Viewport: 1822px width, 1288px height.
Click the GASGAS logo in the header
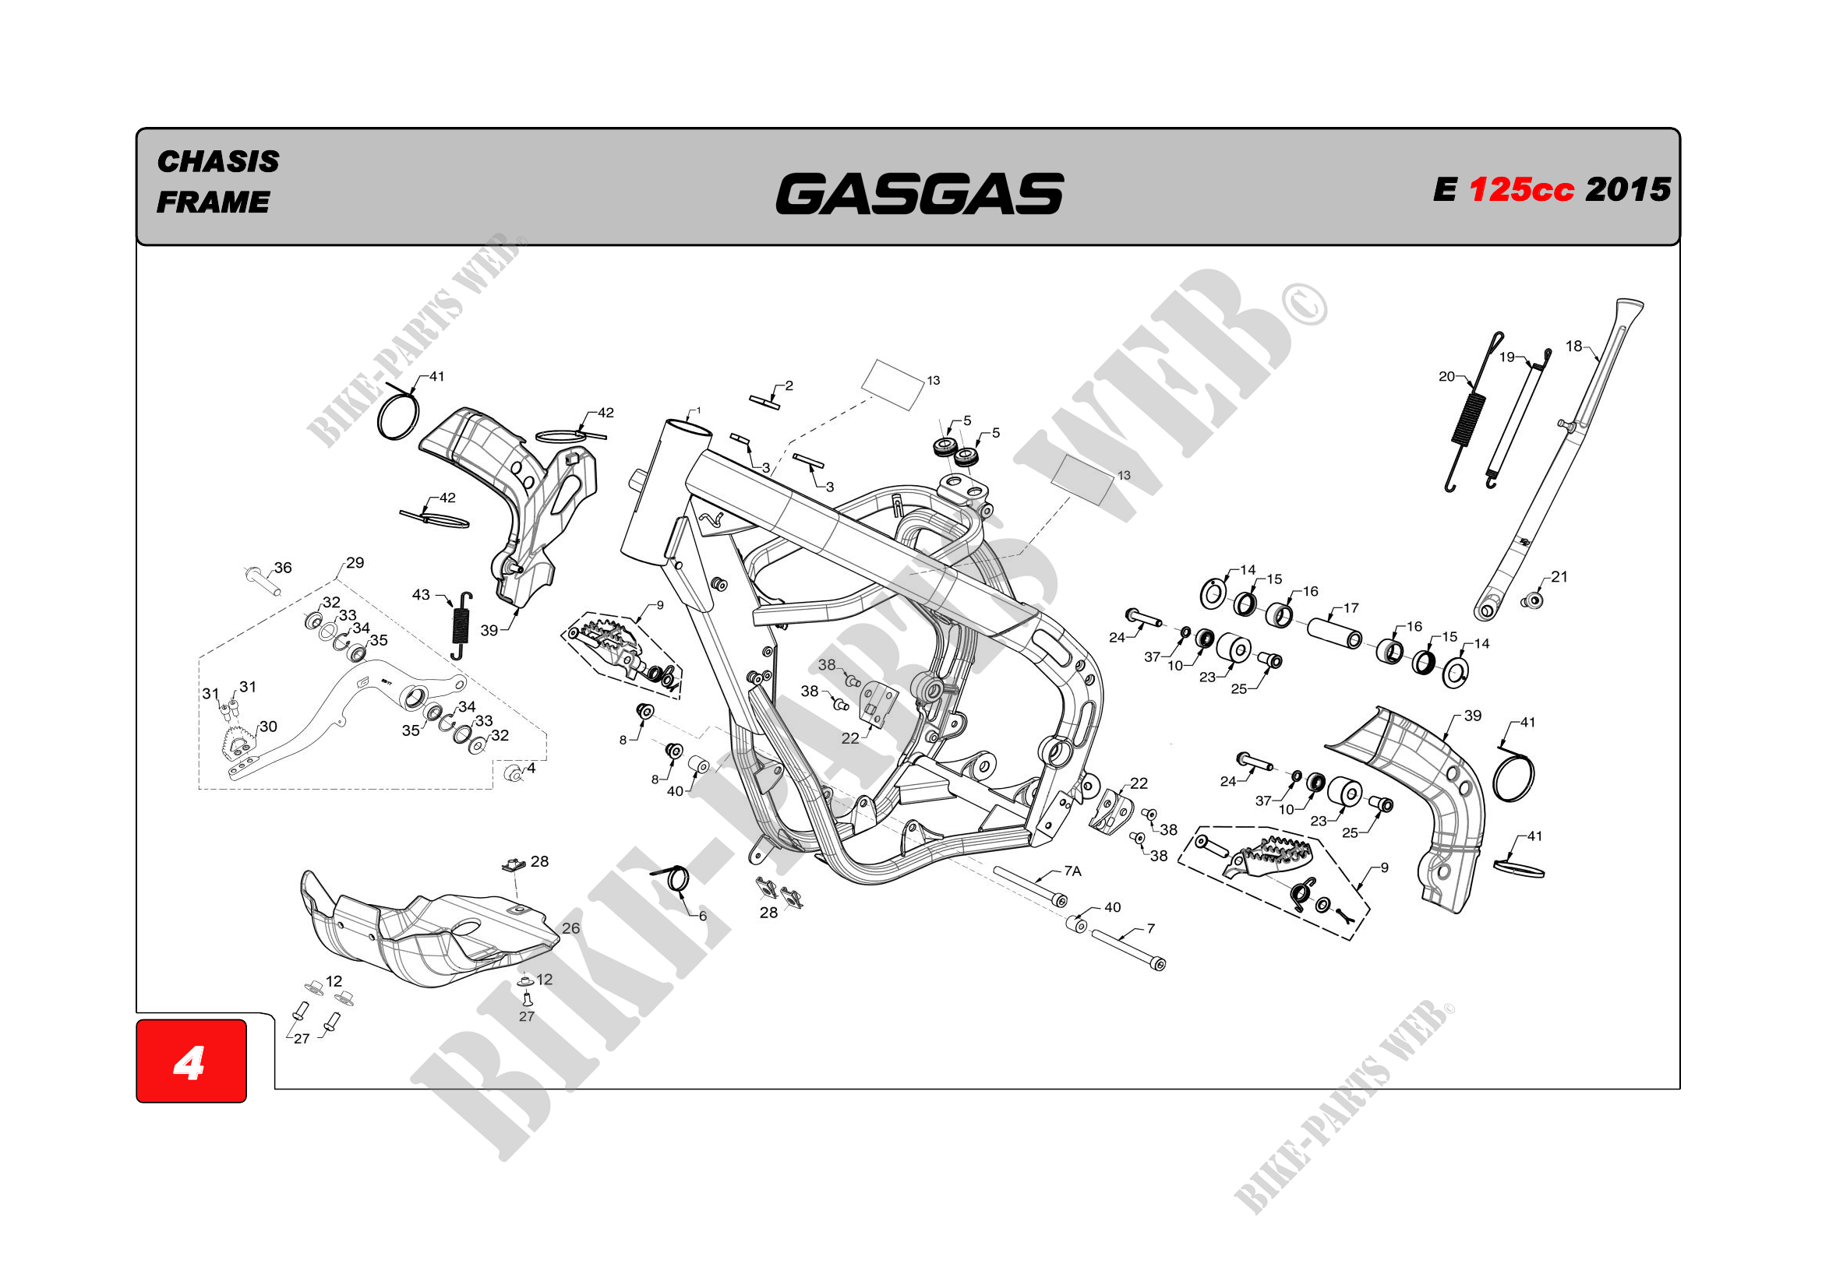click(x=919, y=194)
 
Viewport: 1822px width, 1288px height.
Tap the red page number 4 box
click(x=190, y=1061)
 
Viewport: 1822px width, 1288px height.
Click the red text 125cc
click(x=1520, y=190)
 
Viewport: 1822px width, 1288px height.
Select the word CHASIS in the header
click(x=218, y=162)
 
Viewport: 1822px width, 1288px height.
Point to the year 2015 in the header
click(x=1628, y=189)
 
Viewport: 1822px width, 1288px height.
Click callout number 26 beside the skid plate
click(x=570, y=928)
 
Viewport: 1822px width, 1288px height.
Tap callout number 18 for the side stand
click(x=1573, y=346)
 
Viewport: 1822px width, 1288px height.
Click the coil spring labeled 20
click(x=1467, y=419)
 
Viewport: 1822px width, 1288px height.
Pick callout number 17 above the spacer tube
click(x=1351, y=608)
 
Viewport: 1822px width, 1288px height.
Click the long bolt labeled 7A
click(x=1027, y=886)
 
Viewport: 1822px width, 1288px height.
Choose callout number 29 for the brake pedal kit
click(x=355, y=563)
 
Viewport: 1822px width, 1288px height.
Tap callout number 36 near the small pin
click(x=284, y=568)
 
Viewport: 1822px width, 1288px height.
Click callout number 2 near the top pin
click(x=789, y=386)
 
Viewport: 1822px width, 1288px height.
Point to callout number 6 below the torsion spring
click(x=702, y=916)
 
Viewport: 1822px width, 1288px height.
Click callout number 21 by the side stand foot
click(x=1559, y=577)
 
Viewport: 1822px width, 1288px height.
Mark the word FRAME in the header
click(x=213, y=202)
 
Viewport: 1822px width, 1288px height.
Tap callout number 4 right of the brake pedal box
click(x=531, y=768)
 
